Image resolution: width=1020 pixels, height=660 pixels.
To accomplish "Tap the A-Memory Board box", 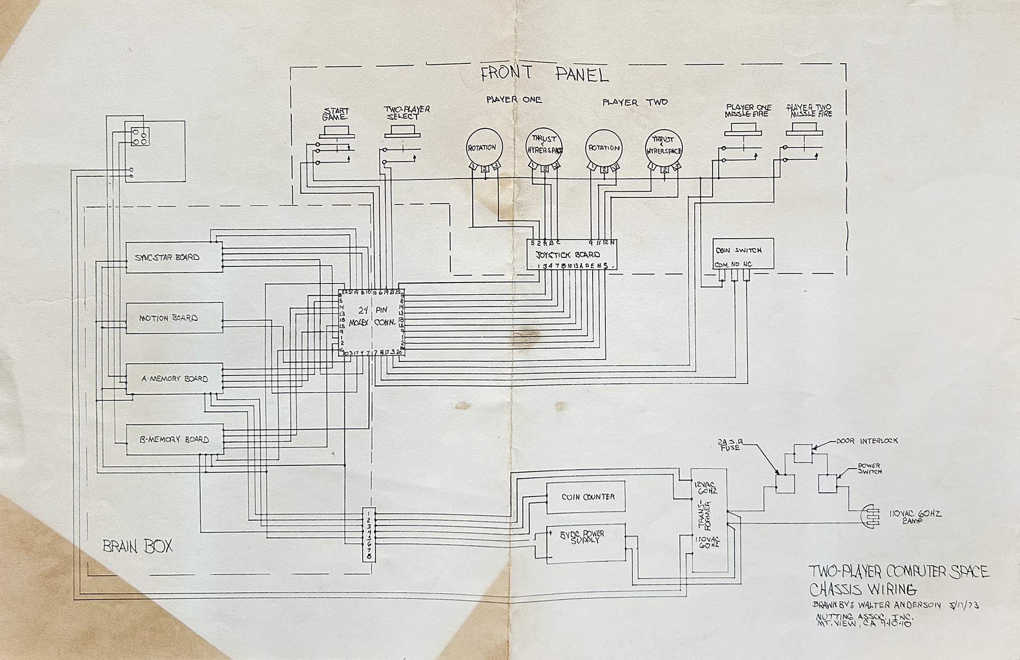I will [x=174, y=379].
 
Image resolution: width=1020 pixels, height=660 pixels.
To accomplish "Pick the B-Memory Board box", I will [x=174, y=439].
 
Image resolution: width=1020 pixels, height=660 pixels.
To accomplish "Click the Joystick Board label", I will [x=567, y=255].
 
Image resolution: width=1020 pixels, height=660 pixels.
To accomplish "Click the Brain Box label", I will [x=137, y=547].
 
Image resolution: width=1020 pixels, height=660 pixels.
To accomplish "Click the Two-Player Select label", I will [x=406, y=113].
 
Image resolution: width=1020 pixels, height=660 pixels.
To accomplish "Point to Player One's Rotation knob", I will [x=484, y=148].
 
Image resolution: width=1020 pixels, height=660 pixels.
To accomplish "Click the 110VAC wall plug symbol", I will [x=873, y=516].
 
